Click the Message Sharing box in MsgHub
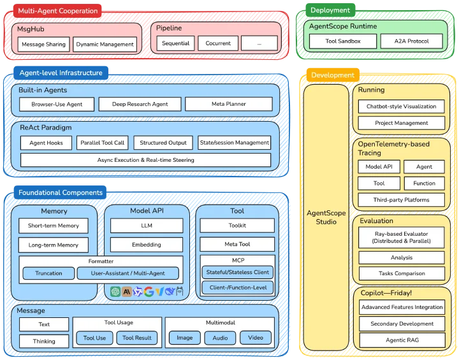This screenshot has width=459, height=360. pyautogui.click(x=43, y=44)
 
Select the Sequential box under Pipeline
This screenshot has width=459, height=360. pyautogui.click(x=176, y=43)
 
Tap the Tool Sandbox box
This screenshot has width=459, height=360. pyautogui.click(x=343, y=41)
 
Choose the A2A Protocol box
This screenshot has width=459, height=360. pyautogui.click(x=411, y=41)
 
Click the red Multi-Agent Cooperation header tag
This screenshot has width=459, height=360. pyautogui.click(x=57, y=11)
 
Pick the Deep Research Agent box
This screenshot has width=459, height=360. pyautogui.click(x=140, y=104)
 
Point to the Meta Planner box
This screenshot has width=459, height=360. pyautogui.click(x=229, y=104)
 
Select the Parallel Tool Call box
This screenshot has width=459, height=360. pyautogui.click(x=103, y=143)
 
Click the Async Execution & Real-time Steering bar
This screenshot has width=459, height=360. pyautogui.click(x=146, y=160)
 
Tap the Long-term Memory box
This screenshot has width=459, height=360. pyautogui.click(x=54, y=245)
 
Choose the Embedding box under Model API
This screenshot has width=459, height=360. pyautogui.click(x=147, y=245)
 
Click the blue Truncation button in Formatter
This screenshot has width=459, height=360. pyautogui.click(x=48, y=273)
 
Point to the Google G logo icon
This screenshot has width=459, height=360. pyautogui.click(x=149, y=291)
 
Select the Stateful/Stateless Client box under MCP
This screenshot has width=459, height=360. pyautogui.click(x=237, y=272)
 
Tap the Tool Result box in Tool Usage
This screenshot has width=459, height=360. pyautogui.click(x=136, y=338)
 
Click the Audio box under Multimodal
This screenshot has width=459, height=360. pyautogui.click(x=220, y=338)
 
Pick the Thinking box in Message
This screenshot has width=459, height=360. pyautogui.click(x=44, y=342)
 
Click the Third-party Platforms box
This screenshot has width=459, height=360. pyautogui.click(x=402, y=200)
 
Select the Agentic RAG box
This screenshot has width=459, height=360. pyautogui.click(x=402, y=340)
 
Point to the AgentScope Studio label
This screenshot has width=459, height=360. pyautogui.click(x=326, y=217)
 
